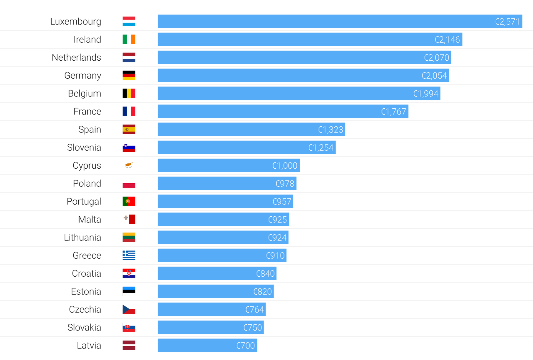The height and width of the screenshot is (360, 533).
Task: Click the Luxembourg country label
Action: tap(76, 22)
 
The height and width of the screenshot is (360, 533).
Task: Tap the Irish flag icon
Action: tap(129, 39)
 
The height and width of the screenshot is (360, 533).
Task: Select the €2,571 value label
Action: tap(507, 22)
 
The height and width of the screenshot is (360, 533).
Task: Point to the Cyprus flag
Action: tap(129, 165)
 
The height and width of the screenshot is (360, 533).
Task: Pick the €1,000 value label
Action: tap(284, 166)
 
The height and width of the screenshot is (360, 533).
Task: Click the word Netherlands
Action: tap(76, 58)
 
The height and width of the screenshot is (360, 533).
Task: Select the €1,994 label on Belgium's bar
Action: tap(425, 94)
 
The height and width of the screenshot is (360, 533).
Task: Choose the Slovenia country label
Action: tap(84, 147)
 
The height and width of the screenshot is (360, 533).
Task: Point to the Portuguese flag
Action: tap(129, 201)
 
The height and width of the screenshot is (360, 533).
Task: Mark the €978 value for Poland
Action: tap(284, 184)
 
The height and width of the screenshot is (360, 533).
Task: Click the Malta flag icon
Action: tap(129, 219)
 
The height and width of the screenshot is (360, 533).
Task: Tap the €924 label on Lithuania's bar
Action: tap(277, 238)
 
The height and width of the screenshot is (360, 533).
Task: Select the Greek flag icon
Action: tap(129, 255)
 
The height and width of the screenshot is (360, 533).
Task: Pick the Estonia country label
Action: tap(86, 292)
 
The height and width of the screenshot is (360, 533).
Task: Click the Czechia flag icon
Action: tap(129, 309)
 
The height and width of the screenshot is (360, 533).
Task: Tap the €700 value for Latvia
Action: tap(245, 346)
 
